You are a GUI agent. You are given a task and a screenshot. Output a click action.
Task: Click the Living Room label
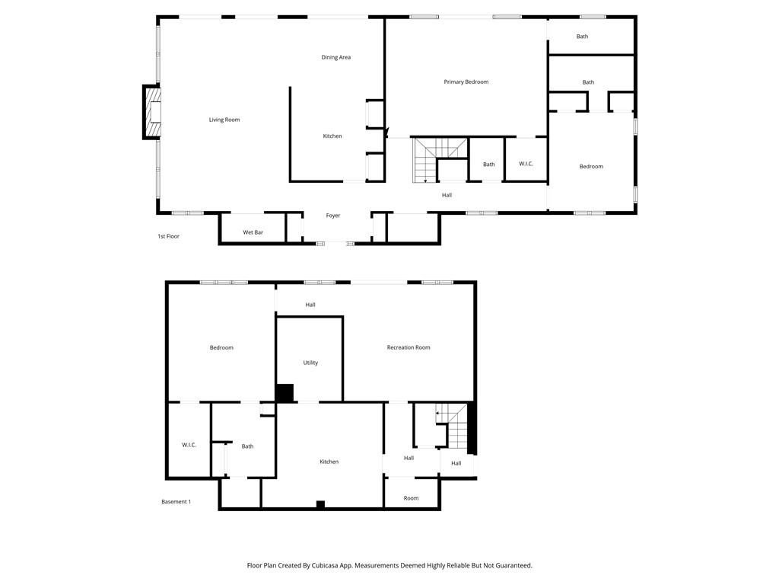(224, 120)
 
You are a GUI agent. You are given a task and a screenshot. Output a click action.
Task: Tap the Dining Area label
(335, 57)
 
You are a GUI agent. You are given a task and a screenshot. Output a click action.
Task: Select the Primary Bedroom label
(466, 82)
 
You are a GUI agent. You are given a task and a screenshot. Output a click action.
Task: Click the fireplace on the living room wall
(153, 112)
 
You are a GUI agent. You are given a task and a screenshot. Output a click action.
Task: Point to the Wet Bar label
(253, 232)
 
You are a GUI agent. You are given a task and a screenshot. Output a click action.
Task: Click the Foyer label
(333, 216)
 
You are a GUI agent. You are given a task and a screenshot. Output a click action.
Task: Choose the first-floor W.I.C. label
(526, 164)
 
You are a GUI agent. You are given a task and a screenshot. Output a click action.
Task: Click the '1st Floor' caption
(168, 236)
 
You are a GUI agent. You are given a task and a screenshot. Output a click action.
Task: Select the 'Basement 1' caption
(176, 501)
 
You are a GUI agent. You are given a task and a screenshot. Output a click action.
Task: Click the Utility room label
(310, 363)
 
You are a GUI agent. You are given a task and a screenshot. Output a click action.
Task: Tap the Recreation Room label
(409, 347)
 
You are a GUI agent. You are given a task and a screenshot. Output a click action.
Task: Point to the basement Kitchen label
(329, 462)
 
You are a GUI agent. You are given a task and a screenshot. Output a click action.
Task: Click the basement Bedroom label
(221, 347)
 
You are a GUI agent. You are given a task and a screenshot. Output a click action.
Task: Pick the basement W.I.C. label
(189, 445)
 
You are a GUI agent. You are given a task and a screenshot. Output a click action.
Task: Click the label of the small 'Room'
(411, 498)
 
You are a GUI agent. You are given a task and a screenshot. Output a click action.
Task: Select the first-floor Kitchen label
(332, 136)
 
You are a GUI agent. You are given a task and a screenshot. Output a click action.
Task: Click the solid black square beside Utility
(285, 393)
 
